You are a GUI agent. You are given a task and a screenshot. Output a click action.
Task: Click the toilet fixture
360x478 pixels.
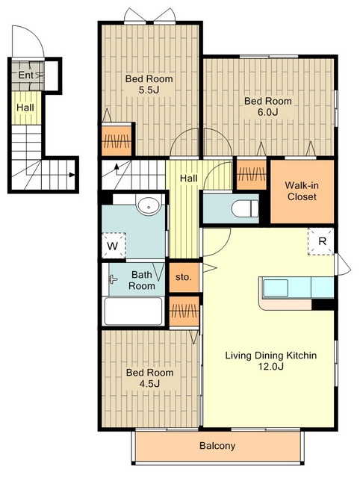pyautogui.click(x=245, y=209)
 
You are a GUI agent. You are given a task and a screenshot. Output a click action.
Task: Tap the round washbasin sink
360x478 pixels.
pyautogui.click(x=149, y=206)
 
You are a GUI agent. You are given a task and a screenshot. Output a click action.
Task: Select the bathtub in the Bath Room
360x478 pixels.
pyautogui.click(x=133, y=311)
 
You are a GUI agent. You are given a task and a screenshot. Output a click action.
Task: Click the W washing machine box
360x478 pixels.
pyautogui.click(x=114, y=245)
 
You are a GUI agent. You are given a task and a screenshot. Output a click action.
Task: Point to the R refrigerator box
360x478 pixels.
pyautogui.click(x=321, y=241)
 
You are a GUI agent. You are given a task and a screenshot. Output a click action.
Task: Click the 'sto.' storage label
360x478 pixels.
pyautogui.click(x=184, y=277)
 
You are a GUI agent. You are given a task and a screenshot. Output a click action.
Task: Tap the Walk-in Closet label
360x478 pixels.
pyautogui.click(x=302, y=191)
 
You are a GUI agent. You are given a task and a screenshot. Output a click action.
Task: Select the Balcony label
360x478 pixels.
pyautogui.click(x=217, y=446)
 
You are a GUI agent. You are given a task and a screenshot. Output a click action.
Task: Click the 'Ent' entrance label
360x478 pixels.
pyautogui.click(x=25, y=75)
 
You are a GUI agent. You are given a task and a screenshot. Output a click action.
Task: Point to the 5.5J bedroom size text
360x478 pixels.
pyautogui.click(x=149, y=90)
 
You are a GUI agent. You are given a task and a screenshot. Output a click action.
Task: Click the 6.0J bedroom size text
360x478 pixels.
pyautogui.click(x=268, y=112)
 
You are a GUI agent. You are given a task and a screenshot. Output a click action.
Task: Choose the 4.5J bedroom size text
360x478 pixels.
pyautogui.click(x=149, y=383)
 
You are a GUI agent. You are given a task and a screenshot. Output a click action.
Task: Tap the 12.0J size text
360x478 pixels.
pyautogui.click(x=271, y=366)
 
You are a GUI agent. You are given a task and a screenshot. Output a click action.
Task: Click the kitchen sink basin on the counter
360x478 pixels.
pyautogui.click(x=276, y=288)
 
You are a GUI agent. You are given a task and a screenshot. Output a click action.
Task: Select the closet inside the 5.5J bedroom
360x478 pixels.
pyautogui.click(x=117, y=140)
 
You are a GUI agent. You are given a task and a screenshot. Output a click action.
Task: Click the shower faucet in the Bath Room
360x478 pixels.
pyautogui.click(x=113, y=279)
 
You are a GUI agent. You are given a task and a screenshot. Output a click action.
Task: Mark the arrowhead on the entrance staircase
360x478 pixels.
pyautogui.click(x=72, y=175)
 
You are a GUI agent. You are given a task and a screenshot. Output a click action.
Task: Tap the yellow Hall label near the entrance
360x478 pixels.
pyautogui.click(x=25, y=108)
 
